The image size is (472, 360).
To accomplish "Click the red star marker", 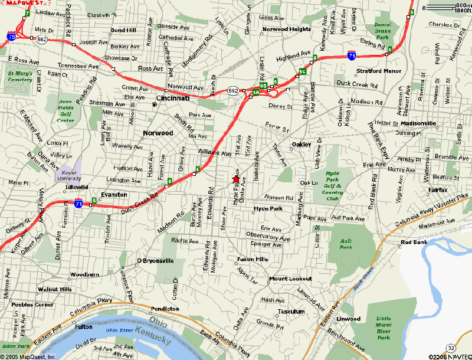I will click(236, 179).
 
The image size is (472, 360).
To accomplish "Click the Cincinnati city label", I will click(172, 98).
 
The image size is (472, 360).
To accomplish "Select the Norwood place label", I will click(158, 133).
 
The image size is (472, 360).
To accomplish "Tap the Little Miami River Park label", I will click(383, 328).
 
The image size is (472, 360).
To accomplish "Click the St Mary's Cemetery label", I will click(20, 76).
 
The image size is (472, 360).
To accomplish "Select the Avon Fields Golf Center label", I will click(66, 111).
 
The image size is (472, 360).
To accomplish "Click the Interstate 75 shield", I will click(12, 37).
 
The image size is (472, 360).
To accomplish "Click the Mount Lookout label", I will click(286, 279).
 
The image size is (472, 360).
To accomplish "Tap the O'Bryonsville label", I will click(155, 260).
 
